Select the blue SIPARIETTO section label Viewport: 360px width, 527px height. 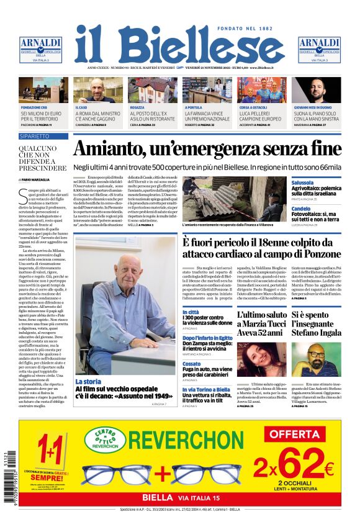[43, 136]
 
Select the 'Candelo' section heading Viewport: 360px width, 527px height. [301, 209]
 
